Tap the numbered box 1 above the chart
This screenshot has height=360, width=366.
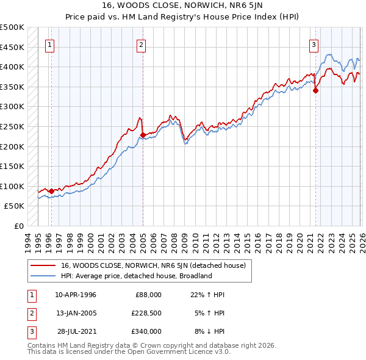[49, 44]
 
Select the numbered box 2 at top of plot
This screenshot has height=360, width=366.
[141, 44]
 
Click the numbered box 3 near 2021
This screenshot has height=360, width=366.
[314, 44]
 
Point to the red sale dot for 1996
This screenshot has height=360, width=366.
[51, 191]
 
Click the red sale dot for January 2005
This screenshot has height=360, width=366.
[143, 135]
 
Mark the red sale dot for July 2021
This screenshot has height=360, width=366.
[316, 91]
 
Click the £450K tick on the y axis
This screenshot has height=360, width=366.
[13, 47]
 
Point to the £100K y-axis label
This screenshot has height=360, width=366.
[13, 186]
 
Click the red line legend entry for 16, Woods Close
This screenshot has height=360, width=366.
[152, 265]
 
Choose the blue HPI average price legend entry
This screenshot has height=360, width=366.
[135, 276]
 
